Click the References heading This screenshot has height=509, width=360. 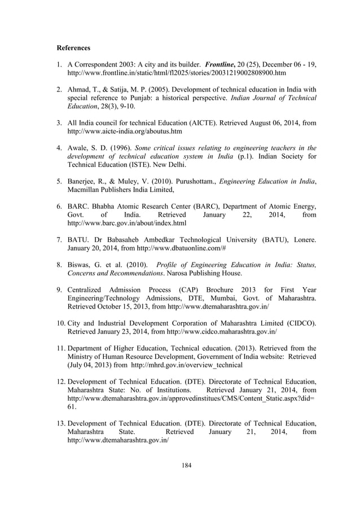[73, 48]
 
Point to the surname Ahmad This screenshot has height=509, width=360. [79, 90]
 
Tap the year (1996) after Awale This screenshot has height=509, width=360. [121, 148]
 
